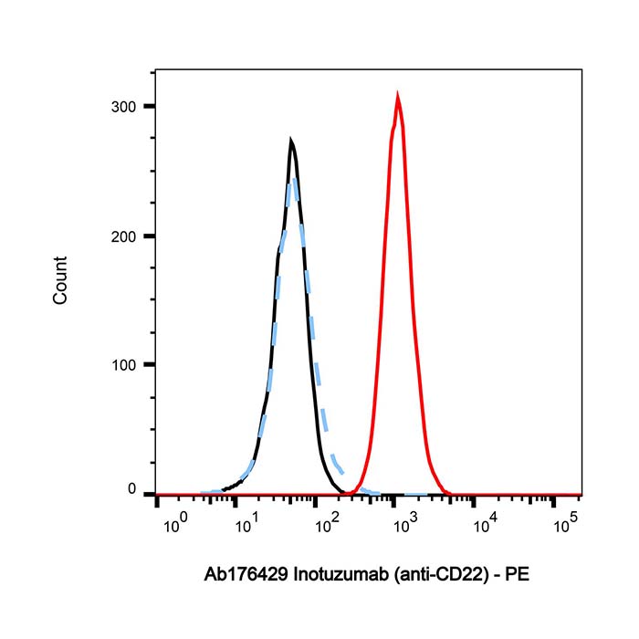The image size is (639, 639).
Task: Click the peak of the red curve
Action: (x=398, y=93)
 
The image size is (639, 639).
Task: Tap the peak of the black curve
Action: (x=290, y=141)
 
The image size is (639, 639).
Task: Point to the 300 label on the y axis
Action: (x=124, y=107)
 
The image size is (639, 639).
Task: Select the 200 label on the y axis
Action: (x=124, y=236)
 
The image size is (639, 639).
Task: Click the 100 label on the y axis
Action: (x=124, y=364)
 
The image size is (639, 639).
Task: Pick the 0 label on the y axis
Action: (x=131, y=492)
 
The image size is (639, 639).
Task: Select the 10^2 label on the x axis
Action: (x=324, y=523)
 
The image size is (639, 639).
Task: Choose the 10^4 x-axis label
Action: (x=482, y=523)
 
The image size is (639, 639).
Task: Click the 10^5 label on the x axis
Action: (x=566, y=523)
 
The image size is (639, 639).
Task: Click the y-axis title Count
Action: (x=60, y=281)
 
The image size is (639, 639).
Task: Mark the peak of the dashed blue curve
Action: (x=294, y=176)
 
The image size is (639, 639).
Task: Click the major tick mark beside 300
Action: (x=149, y=107)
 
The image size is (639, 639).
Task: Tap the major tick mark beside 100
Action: (x=149, y=364)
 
